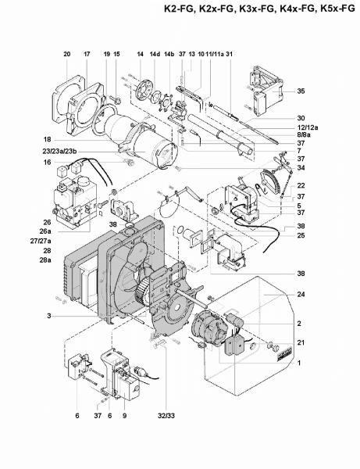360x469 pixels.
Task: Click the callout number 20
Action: point(67,54)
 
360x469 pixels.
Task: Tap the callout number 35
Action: point(301,91)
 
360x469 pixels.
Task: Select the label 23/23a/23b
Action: point(59,152)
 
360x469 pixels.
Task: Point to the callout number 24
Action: point(301,295)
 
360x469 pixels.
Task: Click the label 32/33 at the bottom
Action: point(166,416)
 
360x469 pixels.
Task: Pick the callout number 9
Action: point(125,416)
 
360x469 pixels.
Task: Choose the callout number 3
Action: point(48,315)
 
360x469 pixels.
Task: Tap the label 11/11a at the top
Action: point(215,54)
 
